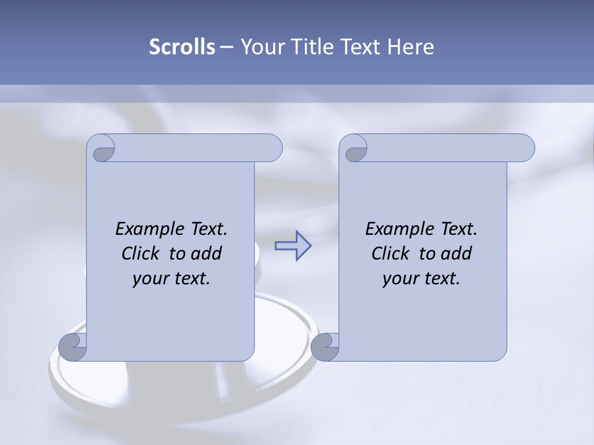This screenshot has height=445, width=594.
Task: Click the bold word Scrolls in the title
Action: (x=182, y=47)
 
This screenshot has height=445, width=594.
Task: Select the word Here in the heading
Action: (x=411, y=47)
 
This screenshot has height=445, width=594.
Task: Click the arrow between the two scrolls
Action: (x=293, y=246)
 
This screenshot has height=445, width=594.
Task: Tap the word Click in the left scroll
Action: (x=140, y=253)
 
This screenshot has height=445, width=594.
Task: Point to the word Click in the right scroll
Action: (x=390, y=253)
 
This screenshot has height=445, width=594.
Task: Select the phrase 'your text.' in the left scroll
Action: (x=171, y=278)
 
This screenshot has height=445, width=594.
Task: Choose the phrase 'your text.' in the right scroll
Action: (x=421, y=278)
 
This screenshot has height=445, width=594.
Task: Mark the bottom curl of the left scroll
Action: (x=71, y=347)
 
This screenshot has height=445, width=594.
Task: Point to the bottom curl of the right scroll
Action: (x=324, y=347)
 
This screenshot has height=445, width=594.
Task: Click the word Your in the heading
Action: (x=260, y=47)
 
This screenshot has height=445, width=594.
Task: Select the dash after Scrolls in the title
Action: (x=226, y=47)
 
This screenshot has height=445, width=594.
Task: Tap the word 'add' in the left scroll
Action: (x=207, y=253)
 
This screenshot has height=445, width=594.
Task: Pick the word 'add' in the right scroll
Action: (x=457, y=253)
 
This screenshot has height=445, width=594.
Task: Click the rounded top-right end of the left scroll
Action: (x=272, y=148)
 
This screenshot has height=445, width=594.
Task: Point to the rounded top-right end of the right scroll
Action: (x=525, y=148)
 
